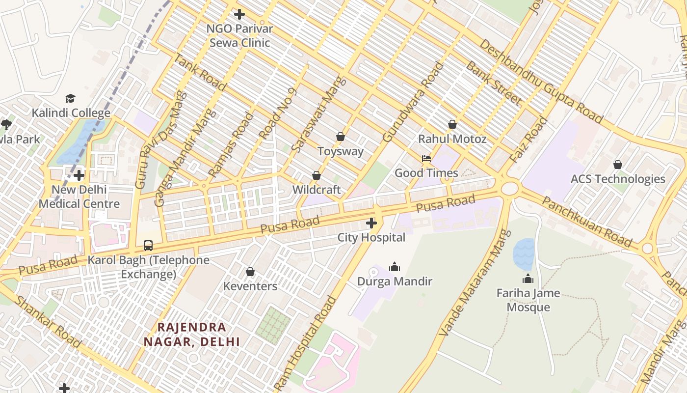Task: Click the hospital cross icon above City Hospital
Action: (x=371, y=224)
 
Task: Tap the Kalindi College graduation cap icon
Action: (x=71, y=99)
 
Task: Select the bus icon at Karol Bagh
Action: (x=148, y=246)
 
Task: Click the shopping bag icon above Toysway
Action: (x=340, y=137)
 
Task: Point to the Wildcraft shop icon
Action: (x=317, y=175)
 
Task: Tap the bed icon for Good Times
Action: (x=426, y=159)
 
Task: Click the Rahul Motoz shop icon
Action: (x=452, y=125)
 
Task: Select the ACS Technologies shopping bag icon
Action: (x=617, y=165)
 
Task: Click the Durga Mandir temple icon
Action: (x=394, y=267)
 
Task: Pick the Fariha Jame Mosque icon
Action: (x=528, y=279)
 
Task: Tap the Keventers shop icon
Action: (x=250, y=272)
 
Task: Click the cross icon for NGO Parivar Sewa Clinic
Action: (x=239, y=14)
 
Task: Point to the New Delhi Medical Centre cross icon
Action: (x=79, y=175)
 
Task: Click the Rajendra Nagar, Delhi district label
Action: (x=192, y=334)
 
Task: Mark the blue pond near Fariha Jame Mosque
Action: (x=523, y=253)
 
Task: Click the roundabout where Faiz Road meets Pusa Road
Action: (x=510, y=188)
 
